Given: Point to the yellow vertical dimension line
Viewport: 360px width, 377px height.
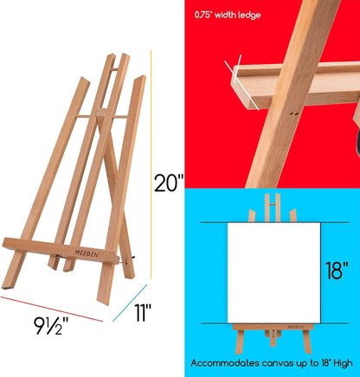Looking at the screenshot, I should coord(152,173).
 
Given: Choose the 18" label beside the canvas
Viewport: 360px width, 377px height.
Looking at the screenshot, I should coord(339,272).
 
